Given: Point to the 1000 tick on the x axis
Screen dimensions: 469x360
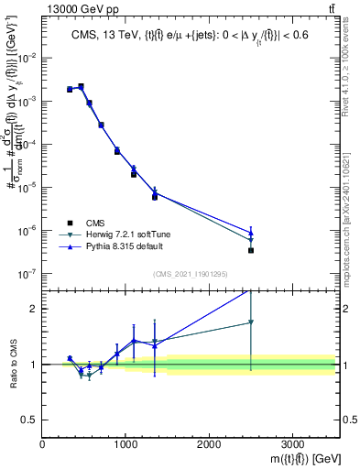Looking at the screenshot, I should tap(125, 444).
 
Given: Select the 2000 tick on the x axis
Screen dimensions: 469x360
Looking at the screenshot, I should tap(209, 444).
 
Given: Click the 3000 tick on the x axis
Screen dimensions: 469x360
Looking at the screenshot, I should tap(292, 444).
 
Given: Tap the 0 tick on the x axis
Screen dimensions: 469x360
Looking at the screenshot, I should tap(42, 444).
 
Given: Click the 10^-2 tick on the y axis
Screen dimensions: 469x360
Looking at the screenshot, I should tap(27, 58).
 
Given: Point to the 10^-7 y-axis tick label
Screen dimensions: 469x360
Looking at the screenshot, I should tap(27, 273).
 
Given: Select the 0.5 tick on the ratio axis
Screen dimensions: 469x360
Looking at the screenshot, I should tap(31, 420).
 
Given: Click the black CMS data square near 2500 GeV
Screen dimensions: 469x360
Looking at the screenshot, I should tap(251, 250).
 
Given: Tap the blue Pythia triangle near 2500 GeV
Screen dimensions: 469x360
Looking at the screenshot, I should tap(251, 232).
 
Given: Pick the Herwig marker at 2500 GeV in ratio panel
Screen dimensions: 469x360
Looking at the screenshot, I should tap(251, 322).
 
